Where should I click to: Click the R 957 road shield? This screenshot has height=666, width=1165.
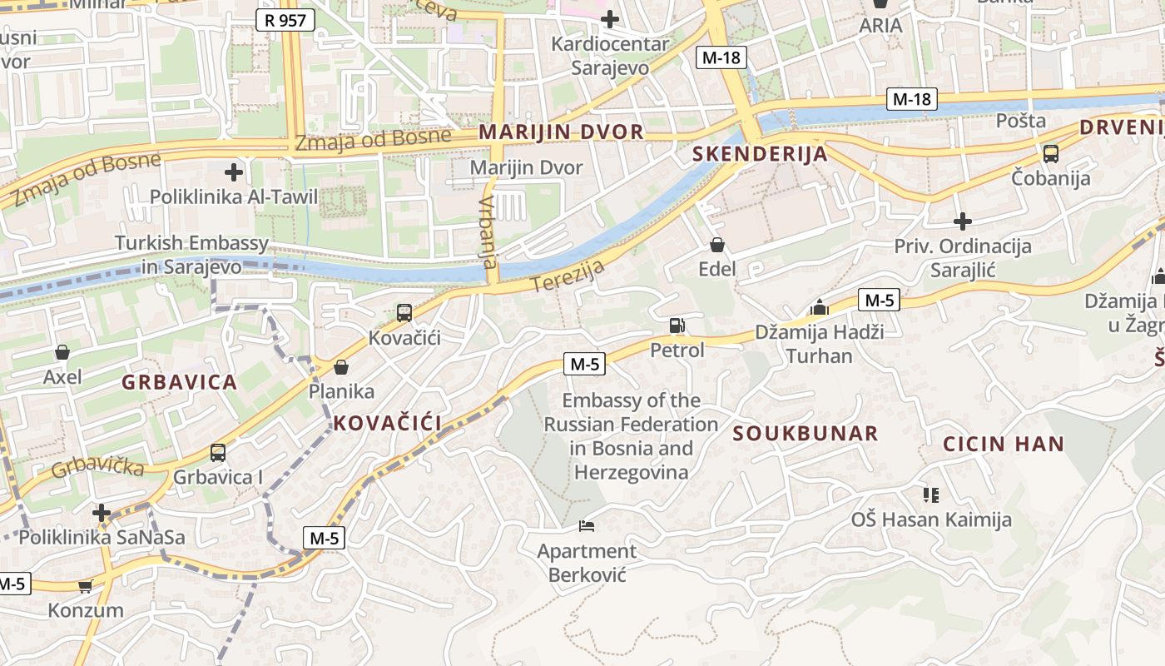click(285, 20)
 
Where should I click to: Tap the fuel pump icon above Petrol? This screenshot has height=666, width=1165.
click(677, 326)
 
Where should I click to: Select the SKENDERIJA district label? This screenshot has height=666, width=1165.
click(760, 154)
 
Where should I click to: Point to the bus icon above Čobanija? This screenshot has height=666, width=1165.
click(1050, 154)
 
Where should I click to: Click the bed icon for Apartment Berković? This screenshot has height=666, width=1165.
click(587, 526)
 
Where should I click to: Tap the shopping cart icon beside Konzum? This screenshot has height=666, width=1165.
click(85, 587)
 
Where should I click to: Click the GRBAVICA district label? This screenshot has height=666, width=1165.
click(180, 383)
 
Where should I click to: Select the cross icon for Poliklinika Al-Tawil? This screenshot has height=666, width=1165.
click(234, 172)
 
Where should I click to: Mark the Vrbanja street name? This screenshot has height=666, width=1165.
click(488, 232)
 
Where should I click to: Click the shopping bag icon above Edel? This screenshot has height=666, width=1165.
click(717, 245)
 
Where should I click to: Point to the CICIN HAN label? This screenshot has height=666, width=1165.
click(1003, 444)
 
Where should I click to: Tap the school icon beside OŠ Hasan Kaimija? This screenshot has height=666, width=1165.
click(930, 495)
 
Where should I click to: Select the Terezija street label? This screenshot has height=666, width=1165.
click(568, 277)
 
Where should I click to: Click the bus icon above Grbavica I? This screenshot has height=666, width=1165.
click(217, 453)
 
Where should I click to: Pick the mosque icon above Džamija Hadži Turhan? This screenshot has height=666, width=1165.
click(820, 308)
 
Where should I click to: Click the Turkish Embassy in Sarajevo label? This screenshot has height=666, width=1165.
click(191, 255)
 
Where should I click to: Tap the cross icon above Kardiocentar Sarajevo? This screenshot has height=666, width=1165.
click(610, 18)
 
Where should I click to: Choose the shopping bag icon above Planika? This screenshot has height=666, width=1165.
click(340, 366)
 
